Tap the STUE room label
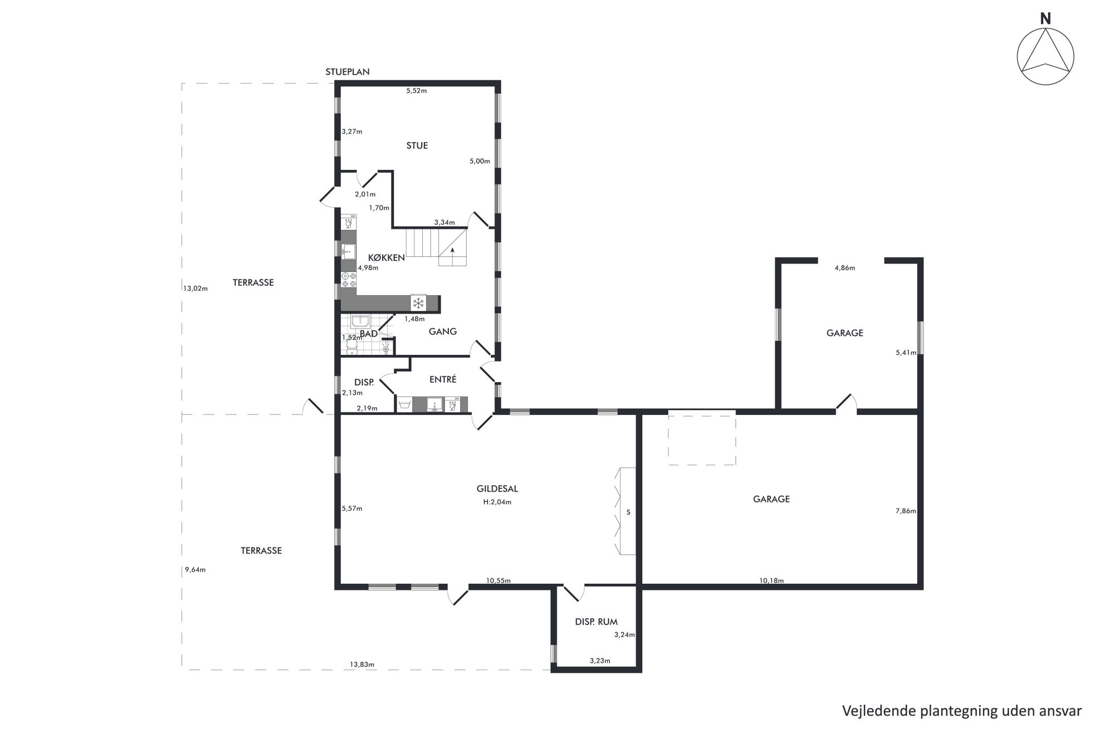pos(417,146)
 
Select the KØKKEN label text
pos(387,258)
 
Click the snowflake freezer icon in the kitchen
pos(418,303)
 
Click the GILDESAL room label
pos(497,489)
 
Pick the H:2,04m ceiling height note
pos(497,502)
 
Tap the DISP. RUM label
pos(596,622)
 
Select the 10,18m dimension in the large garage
pos(771,580)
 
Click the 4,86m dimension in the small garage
pos(845,268)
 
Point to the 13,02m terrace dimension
pos(195,289)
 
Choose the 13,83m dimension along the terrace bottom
pos(362,664)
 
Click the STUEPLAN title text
pos(348,72)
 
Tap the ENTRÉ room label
pos(443,379)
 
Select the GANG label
pos(443,331)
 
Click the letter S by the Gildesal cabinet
pos(628,513)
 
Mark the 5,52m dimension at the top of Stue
pos(417,91)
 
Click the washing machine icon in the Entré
pos(405,404)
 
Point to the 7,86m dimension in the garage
pos(906,511)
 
